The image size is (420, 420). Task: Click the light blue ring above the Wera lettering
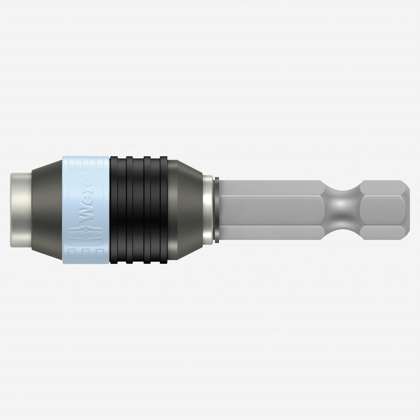(x=86, y=164)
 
